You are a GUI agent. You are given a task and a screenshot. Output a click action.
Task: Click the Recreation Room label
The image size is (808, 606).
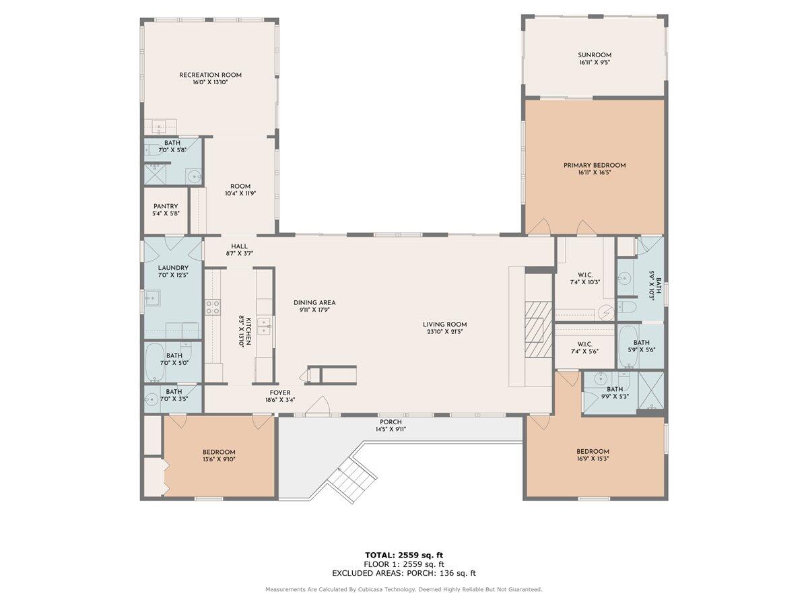(x=210, y=75)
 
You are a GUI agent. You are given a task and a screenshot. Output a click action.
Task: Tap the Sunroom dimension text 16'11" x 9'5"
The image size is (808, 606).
(x=595, y=63)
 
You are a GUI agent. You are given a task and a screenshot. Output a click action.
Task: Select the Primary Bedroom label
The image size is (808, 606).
(x=595, y=165)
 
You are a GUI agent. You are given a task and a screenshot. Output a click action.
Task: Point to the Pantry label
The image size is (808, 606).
(x=166, y=207)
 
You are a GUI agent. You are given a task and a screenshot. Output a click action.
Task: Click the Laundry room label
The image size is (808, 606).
(x=173, y=268)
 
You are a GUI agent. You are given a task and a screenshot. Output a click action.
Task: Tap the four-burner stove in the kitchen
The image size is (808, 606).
(x=213, y=307)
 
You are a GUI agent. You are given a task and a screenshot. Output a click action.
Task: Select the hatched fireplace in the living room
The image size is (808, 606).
(x=539, y=329)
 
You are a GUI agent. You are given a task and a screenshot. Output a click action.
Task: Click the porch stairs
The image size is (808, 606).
(x=351, y=481)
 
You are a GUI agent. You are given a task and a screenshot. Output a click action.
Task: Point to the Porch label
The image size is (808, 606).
(x=391, y=422)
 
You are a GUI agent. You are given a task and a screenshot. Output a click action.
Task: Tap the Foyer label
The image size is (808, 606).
(x=279, y=393)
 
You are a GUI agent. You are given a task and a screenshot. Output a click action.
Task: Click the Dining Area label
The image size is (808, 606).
(x=314, y=303)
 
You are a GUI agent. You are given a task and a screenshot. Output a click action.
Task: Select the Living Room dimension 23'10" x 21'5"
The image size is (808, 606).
(x=444, y=331)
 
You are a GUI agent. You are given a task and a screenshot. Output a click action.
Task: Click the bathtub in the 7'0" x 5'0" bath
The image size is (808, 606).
(x=155, y=363)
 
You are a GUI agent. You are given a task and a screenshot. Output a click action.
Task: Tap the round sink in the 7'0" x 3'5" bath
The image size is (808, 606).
(x=151, y=399)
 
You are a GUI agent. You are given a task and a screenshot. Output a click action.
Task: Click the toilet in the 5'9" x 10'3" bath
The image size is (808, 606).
(x=626, y=306)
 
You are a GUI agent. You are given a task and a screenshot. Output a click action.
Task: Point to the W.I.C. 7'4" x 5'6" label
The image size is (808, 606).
(x=584, y=347)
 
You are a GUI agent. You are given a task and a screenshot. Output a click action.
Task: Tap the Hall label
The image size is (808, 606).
(x=239, y=246)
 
